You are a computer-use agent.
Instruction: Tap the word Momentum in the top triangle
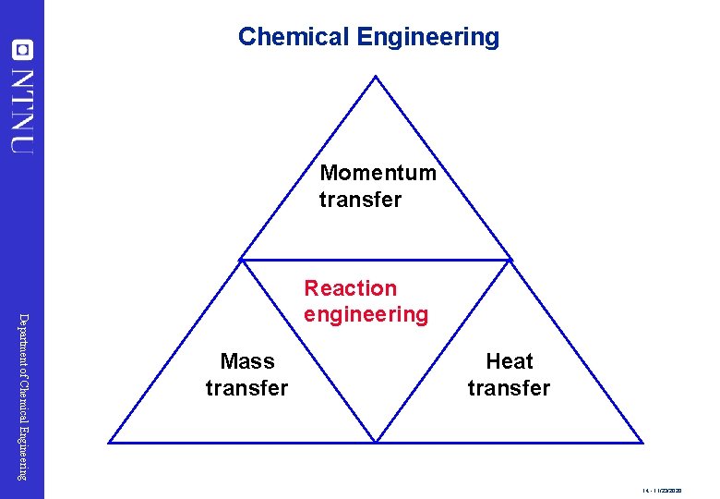pyautogui.click(x=378, y=173)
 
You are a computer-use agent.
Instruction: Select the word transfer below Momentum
pyautogui.click(x=360, y=200)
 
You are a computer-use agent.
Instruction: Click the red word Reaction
pyautogui.click(x=350, y=289)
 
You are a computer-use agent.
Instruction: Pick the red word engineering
pyautogui.click(x=366, y=315)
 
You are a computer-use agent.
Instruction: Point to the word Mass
pyautogui.click(x=246, y=361)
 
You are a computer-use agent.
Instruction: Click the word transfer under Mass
pyautogui.click(x=246, y=388)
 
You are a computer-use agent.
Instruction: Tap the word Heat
pyautogui.click(x=509, y=361)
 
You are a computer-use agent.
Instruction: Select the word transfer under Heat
pyautogui.click(x=509, y=388)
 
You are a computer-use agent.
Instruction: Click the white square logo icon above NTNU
pyautogui.click(x=22, y=49)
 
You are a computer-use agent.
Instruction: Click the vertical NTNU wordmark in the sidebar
pyautogui.click(x=22, y=109)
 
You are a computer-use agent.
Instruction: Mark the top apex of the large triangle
pyautogui.click(x=376, y=77)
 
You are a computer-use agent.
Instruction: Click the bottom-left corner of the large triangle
pyautogui.click(x=110, y=443)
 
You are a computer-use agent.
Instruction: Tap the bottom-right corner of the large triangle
pyautogui.click(x=642, y=443)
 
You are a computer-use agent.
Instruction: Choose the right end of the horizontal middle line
pyautogui.click(x=510, y=260)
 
